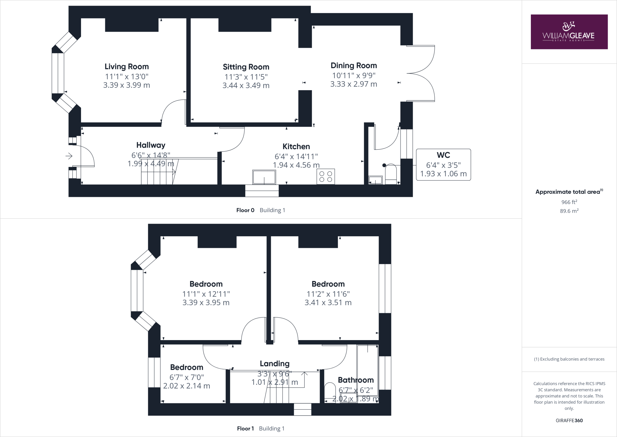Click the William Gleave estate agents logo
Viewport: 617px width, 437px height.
coord(569,32)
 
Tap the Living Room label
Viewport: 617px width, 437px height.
coord(127,67)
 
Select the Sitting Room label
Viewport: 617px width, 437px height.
coord(246,67)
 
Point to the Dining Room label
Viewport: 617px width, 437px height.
coord(354,66)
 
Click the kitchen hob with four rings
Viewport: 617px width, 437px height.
coord(326,177)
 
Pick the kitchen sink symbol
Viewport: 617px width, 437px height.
coord(264,177)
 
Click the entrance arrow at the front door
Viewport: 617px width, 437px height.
coord(69,156)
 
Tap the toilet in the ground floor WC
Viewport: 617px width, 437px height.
coord(391,174)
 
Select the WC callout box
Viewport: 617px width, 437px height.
coord(443,164)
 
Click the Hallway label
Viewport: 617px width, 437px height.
coord(151,145)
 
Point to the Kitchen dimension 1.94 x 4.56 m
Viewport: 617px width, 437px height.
coord(296,165)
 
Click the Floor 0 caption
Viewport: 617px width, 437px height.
coord(245,210)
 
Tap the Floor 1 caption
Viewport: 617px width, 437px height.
coord(245,429)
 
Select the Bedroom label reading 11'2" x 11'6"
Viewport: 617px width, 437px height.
coord(328,284)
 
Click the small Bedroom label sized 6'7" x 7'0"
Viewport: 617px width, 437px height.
coord(186,367)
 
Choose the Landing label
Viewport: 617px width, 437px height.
coord(274,364)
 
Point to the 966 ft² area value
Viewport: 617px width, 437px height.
coord(569,202)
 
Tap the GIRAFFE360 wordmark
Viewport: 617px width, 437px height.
coord(569,420)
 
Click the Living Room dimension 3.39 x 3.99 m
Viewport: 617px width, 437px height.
coord(127,85)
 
